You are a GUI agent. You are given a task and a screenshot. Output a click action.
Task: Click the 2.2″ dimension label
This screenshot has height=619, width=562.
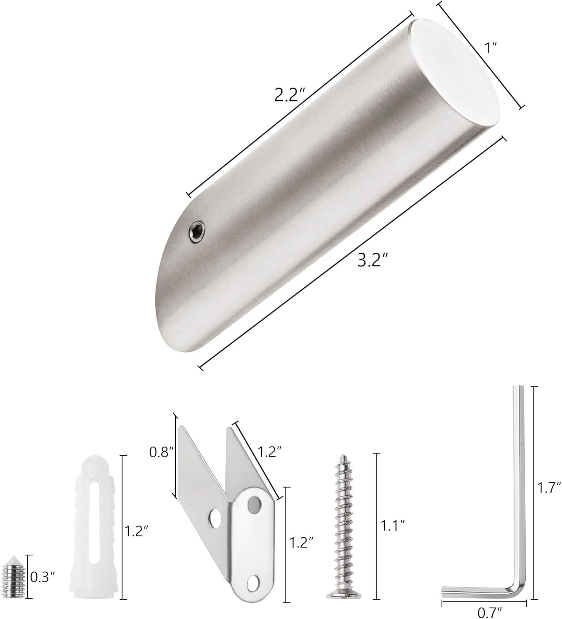(290, 95)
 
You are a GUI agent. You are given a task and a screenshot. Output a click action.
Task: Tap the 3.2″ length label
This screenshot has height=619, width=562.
(372, 260)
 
